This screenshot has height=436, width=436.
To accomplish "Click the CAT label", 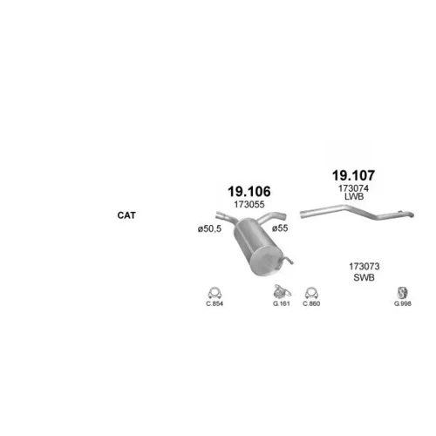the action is tap(126, 215).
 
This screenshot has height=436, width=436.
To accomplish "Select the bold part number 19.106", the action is tap(249, 192).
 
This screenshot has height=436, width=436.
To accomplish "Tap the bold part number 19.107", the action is tap(353, 175).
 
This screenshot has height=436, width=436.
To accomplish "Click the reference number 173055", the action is tap(249, 205).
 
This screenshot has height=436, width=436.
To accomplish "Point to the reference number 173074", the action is tap(353, 188).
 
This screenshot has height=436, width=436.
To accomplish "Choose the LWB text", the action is tap(354, 196).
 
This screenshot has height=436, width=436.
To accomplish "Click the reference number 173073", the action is tap(364, 266).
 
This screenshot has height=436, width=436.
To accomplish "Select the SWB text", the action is tap(364, 277).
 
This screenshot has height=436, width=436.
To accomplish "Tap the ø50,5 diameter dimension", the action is tap(209, 229).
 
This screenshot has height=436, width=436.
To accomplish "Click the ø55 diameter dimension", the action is tap(280, 228).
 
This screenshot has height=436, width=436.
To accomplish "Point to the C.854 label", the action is tap(215, 303).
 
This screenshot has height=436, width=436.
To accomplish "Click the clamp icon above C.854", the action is tap(215, 293).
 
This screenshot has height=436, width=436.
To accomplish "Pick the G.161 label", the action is tap(282, 303).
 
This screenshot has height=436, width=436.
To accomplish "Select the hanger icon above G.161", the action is tap(282, 292).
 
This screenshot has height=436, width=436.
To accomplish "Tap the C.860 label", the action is tap(311, 303).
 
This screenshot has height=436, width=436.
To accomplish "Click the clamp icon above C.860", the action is tap(311, 293).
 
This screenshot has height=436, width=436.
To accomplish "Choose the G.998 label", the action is tap(403, 303).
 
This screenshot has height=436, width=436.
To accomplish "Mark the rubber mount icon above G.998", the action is tap(403, 293).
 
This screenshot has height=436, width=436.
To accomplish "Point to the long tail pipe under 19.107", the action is tap(357, 212).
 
